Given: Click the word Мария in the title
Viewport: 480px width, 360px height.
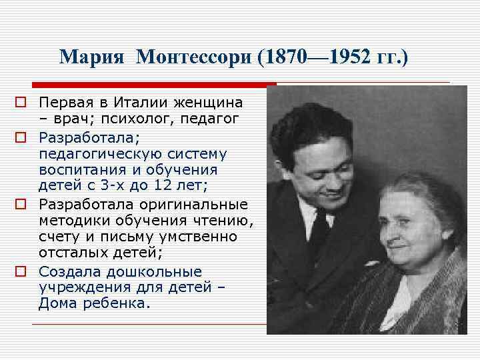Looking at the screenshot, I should [x=91, y=57].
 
